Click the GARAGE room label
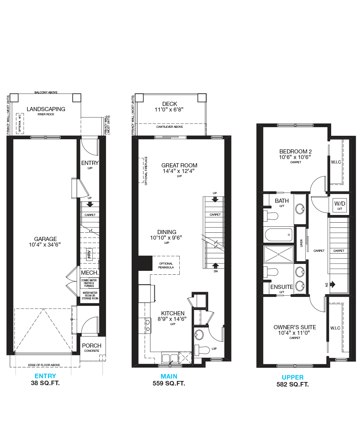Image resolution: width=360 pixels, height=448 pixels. point(46,239)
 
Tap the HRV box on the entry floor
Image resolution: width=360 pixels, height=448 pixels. point(89,254)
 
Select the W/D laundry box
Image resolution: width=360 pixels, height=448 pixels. point(339,205)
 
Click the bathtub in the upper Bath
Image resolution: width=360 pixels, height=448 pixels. point(279,235)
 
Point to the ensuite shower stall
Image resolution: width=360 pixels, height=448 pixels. point(279,254)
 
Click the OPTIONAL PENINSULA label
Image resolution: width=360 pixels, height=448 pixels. point(166,265)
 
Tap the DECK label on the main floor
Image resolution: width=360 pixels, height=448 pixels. point(170,104)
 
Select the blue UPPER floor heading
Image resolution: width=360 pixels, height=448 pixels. point(293,377)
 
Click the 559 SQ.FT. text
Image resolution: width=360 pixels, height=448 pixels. point(169,383)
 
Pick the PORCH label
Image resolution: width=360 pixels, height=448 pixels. point(92,346)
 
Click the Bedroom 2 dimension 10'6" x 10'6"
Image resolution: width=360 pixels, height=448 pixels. point(295,157)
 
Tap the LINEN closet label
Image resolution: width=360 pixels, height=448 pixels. point(301,243)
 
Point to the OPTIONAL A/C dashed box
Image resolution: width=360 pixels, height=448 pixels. point(20,124)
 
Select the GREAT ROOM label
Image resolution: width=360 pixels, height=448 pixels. point(179,165)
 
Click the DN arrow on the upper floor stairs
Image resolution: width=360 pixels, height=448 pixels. point(333,284)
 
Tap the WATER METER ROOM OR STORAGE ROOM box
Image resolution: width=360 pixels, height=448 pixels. point(90,296)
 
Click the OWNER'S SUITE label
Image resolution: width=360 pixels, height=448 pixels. point(295,327)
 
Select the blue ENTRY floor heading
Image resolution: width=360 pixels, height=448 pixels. point(45,376)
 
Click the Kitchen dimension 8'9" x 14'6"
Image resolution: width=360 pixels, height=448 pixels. point(172,319)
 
